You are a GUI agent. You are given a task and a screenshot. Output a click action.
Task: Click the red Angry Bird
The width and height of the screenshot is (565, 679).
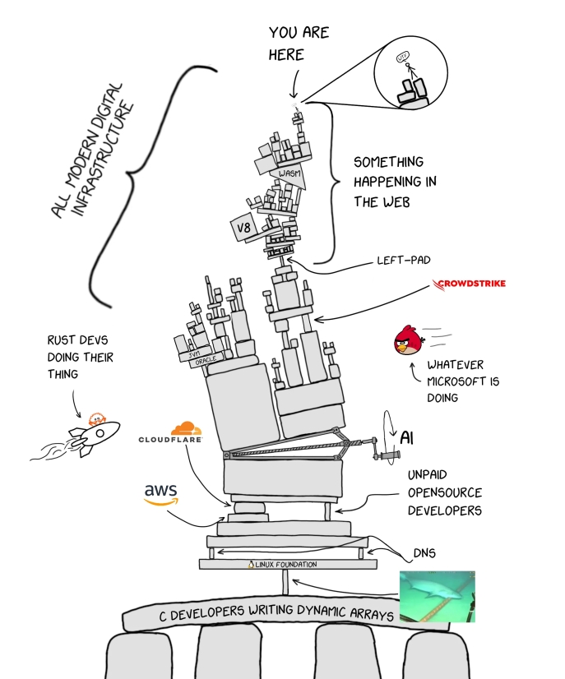405,340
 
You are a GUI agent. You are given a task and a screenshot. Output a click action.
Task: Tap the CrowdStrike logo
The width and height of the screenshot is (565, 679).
470,284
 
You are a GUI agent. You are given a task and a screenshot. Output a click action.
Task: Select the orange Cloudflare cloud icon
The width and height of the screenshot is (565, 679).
185,428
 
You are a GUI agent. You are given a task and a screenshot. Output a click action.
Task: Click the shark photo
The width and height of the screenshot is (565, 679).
437,596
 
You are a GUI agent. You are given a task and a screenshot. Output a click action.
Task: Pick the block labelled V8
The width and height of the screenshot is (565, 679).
243,229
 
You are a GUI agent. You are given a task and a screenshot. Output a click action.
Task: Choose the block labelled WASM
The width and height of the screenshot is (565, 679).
286,173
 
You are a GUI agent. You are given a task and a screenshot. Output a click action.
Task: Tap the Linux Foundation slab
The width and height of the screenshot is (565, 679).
288,565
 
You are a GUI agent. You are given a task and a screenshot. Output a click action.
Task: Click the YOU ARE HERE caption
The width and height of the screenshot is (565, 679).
297,44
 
